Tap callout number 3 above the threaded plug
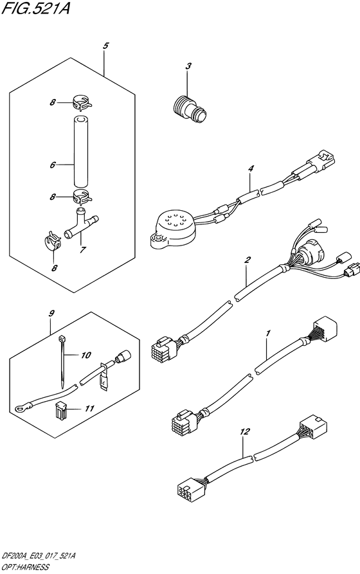pyautogui.click(x=188, y=66)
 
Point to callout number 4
pyautogui.click(x=251, y=169)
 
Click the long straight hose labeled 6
pyautogui.click(x=80, y=152)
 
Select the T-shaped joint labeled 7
pyautogui.click(x=82, y=222)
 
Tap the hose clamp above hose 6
pyautogui.click(x=82, y=102)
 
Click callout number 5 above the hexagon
pyautogui.click(x=105, y=46)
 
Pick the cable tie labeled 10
pyautogui.click(x=62, y=361)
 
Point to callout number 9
pyautogui.click(x=51, y=314)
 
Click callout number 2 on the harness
pyautogui.click(x=248, y=260)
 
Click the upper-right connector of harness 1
pyautogui.click(x=324, y=327)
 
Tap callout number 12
pyautogui.click(x=245, y=432)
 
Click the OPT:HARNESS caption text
pyautogui.click(x=24, y=568)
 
